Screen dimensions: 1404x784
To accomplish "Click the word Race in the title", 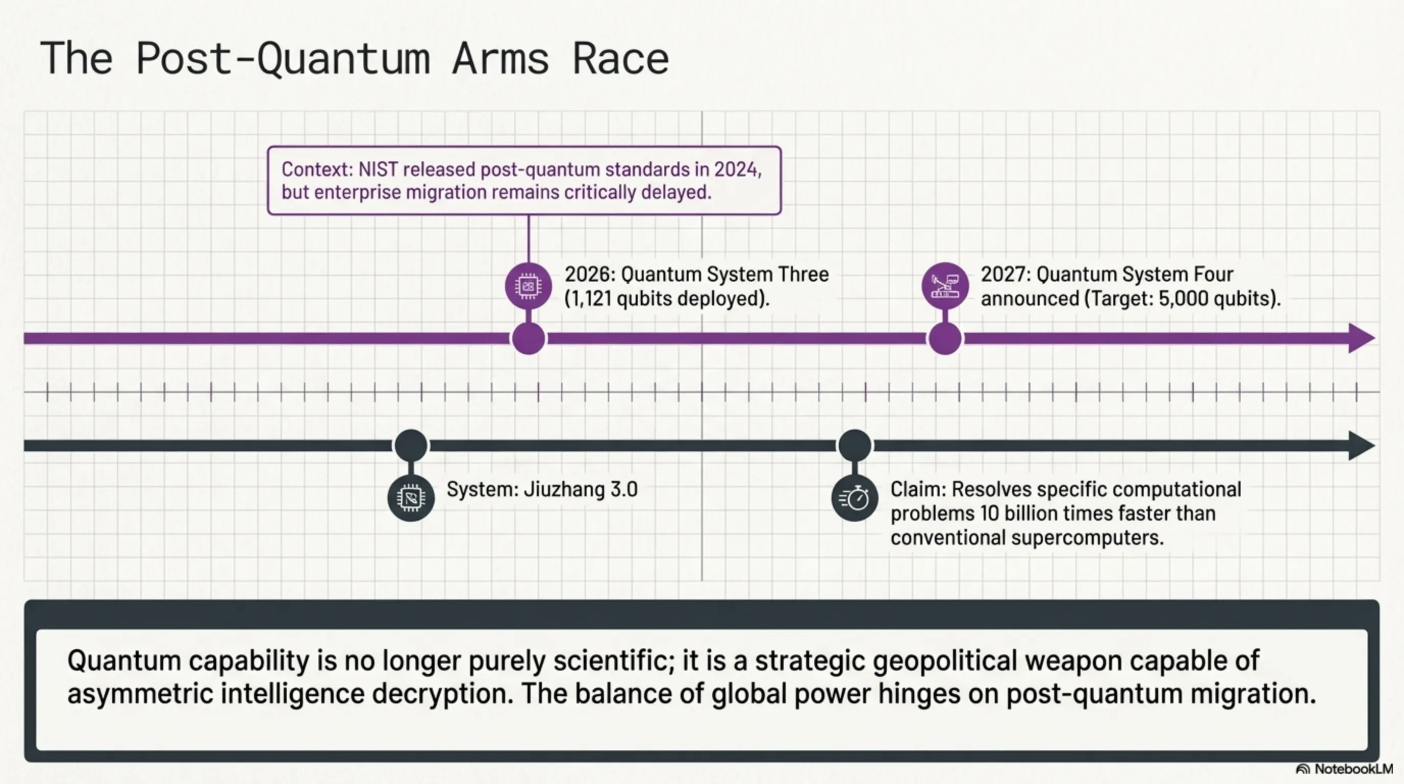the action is (620, 59).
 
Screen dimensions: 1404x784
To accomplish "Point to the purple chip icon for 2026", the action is (528, 286).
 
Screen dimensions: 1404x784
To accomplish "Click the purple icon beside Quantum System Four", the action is (944, 286).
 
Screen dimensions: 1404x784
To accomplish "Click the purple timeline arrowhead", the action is (1362, 338).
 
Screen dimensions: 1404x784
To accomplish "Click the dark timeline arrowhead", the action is (1362, 446).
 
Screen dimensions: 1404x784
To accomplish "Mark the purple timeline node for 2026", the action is (528, 338).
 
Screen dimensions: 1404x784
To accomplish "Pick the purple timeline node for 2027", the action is (944, 338).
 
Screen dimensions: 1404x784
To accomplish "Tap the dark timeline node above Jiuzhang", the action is (411, 446).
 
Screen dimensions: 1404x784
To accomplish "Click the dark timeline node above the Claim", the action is (855, 446).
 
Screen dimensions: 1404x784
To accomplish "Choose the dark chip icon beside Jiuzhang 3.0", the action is (411, 498).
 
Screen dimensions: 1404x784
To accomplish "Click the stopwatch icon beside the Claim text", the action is (855, 498).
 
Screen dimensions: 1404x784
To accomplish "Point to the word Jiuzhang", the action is (564, 489).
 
